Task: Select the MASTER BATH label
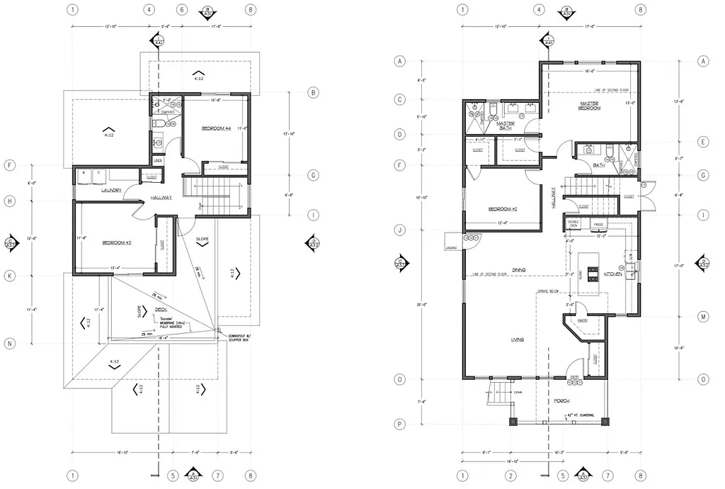pos(505,125)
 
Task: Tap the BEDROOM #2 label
pos(504,209)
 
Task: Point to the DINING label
pos(518,269)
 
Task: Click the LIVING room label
pos(518,340)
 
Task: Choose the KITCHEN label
pos(612,274)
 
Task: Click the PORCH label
pos(561,400)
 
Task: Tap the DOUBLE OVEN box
pos(574,225)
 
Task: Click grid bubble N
pos(11,344)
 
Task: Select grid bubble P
pos(399,425)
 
